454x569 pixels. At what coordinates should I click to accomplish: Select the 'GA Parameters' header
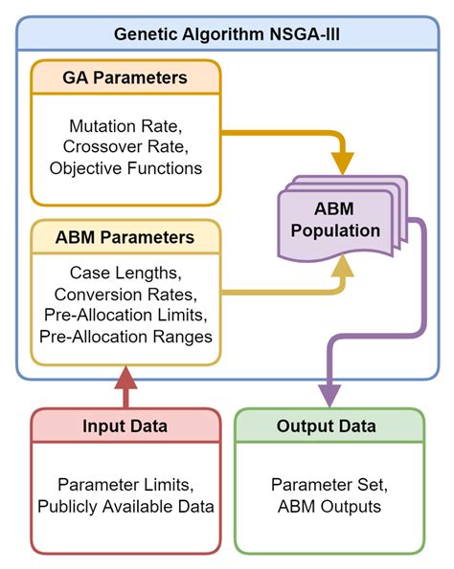pyautogui.click(x=126, y=77)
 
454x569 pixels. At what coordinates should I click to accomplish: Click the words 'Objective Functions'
pyautogui.click(x=125, y=167)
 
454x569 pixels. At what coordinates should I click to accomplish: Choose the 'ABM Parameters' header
pyautogui.click(x=126, y=236)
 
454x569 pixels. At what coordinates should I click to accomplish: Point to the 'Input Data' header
pyautogui.click(x=125, y=426)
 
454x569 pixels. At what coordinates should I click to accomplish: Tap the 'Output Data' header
pyautogui.click(x=329, y=426)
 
